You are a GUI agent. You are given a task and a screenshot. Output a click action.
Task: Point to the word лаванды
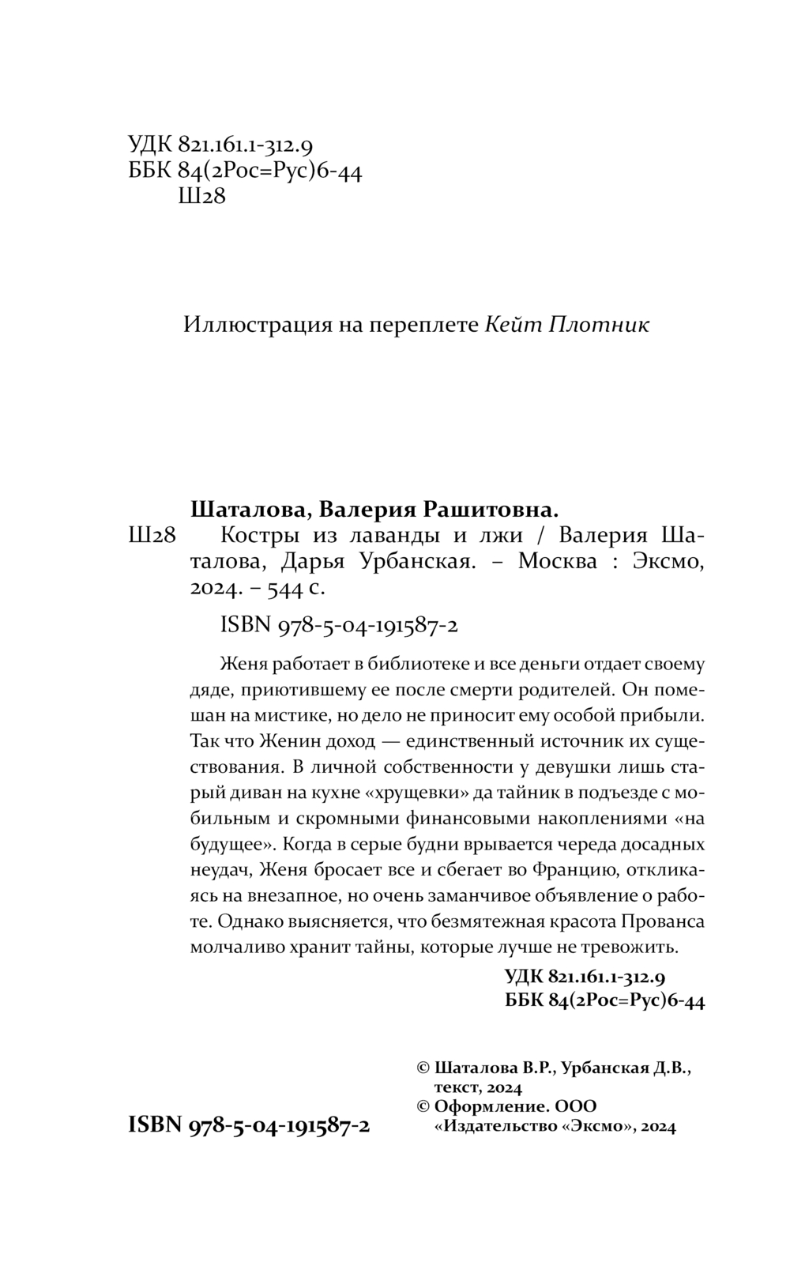click(389, 536)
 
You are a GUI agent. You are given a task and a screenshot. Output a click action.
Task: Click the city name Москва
click(556, 562)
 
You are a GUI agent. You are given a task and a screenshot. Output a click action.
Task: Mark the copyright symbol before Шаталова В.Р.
click(423, 1068)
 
